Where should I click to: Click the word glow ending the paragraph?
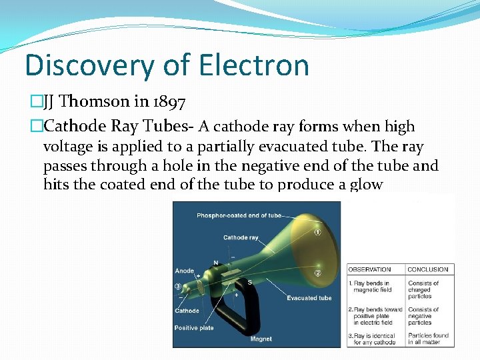pyautogui.click(x=365, y=184)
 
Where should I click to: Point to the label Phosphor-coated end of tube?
pyautogui.click(x=240, y=215)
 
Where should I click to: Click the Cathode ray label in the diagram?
pyautogui.click(x=241, y=237)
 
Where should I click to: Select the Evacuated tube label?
pyautogui.click(x=309, y=298)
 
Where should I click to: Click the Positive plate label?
pyautogui.click(x=194, y=328)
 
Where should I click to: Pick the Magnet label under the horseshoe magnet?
pyautogui.click(x=261, y=339)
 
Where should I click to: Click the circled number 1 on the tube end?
pyautogui.click(x=318, y=232)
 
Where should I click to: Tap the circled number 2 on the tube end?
pyautogui.click(x=318, y=273)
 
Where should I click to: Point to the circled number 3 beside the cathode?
pyautogui.click(x=178, y=286)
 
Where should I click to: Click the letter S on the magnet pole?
pyautogui.click(x=250, y=282)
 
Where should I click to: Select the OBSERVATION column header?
pyautogui.click(x=370, y=269)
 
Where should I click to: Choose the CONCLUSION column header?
pyautogui.click(x=427, y=269)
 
